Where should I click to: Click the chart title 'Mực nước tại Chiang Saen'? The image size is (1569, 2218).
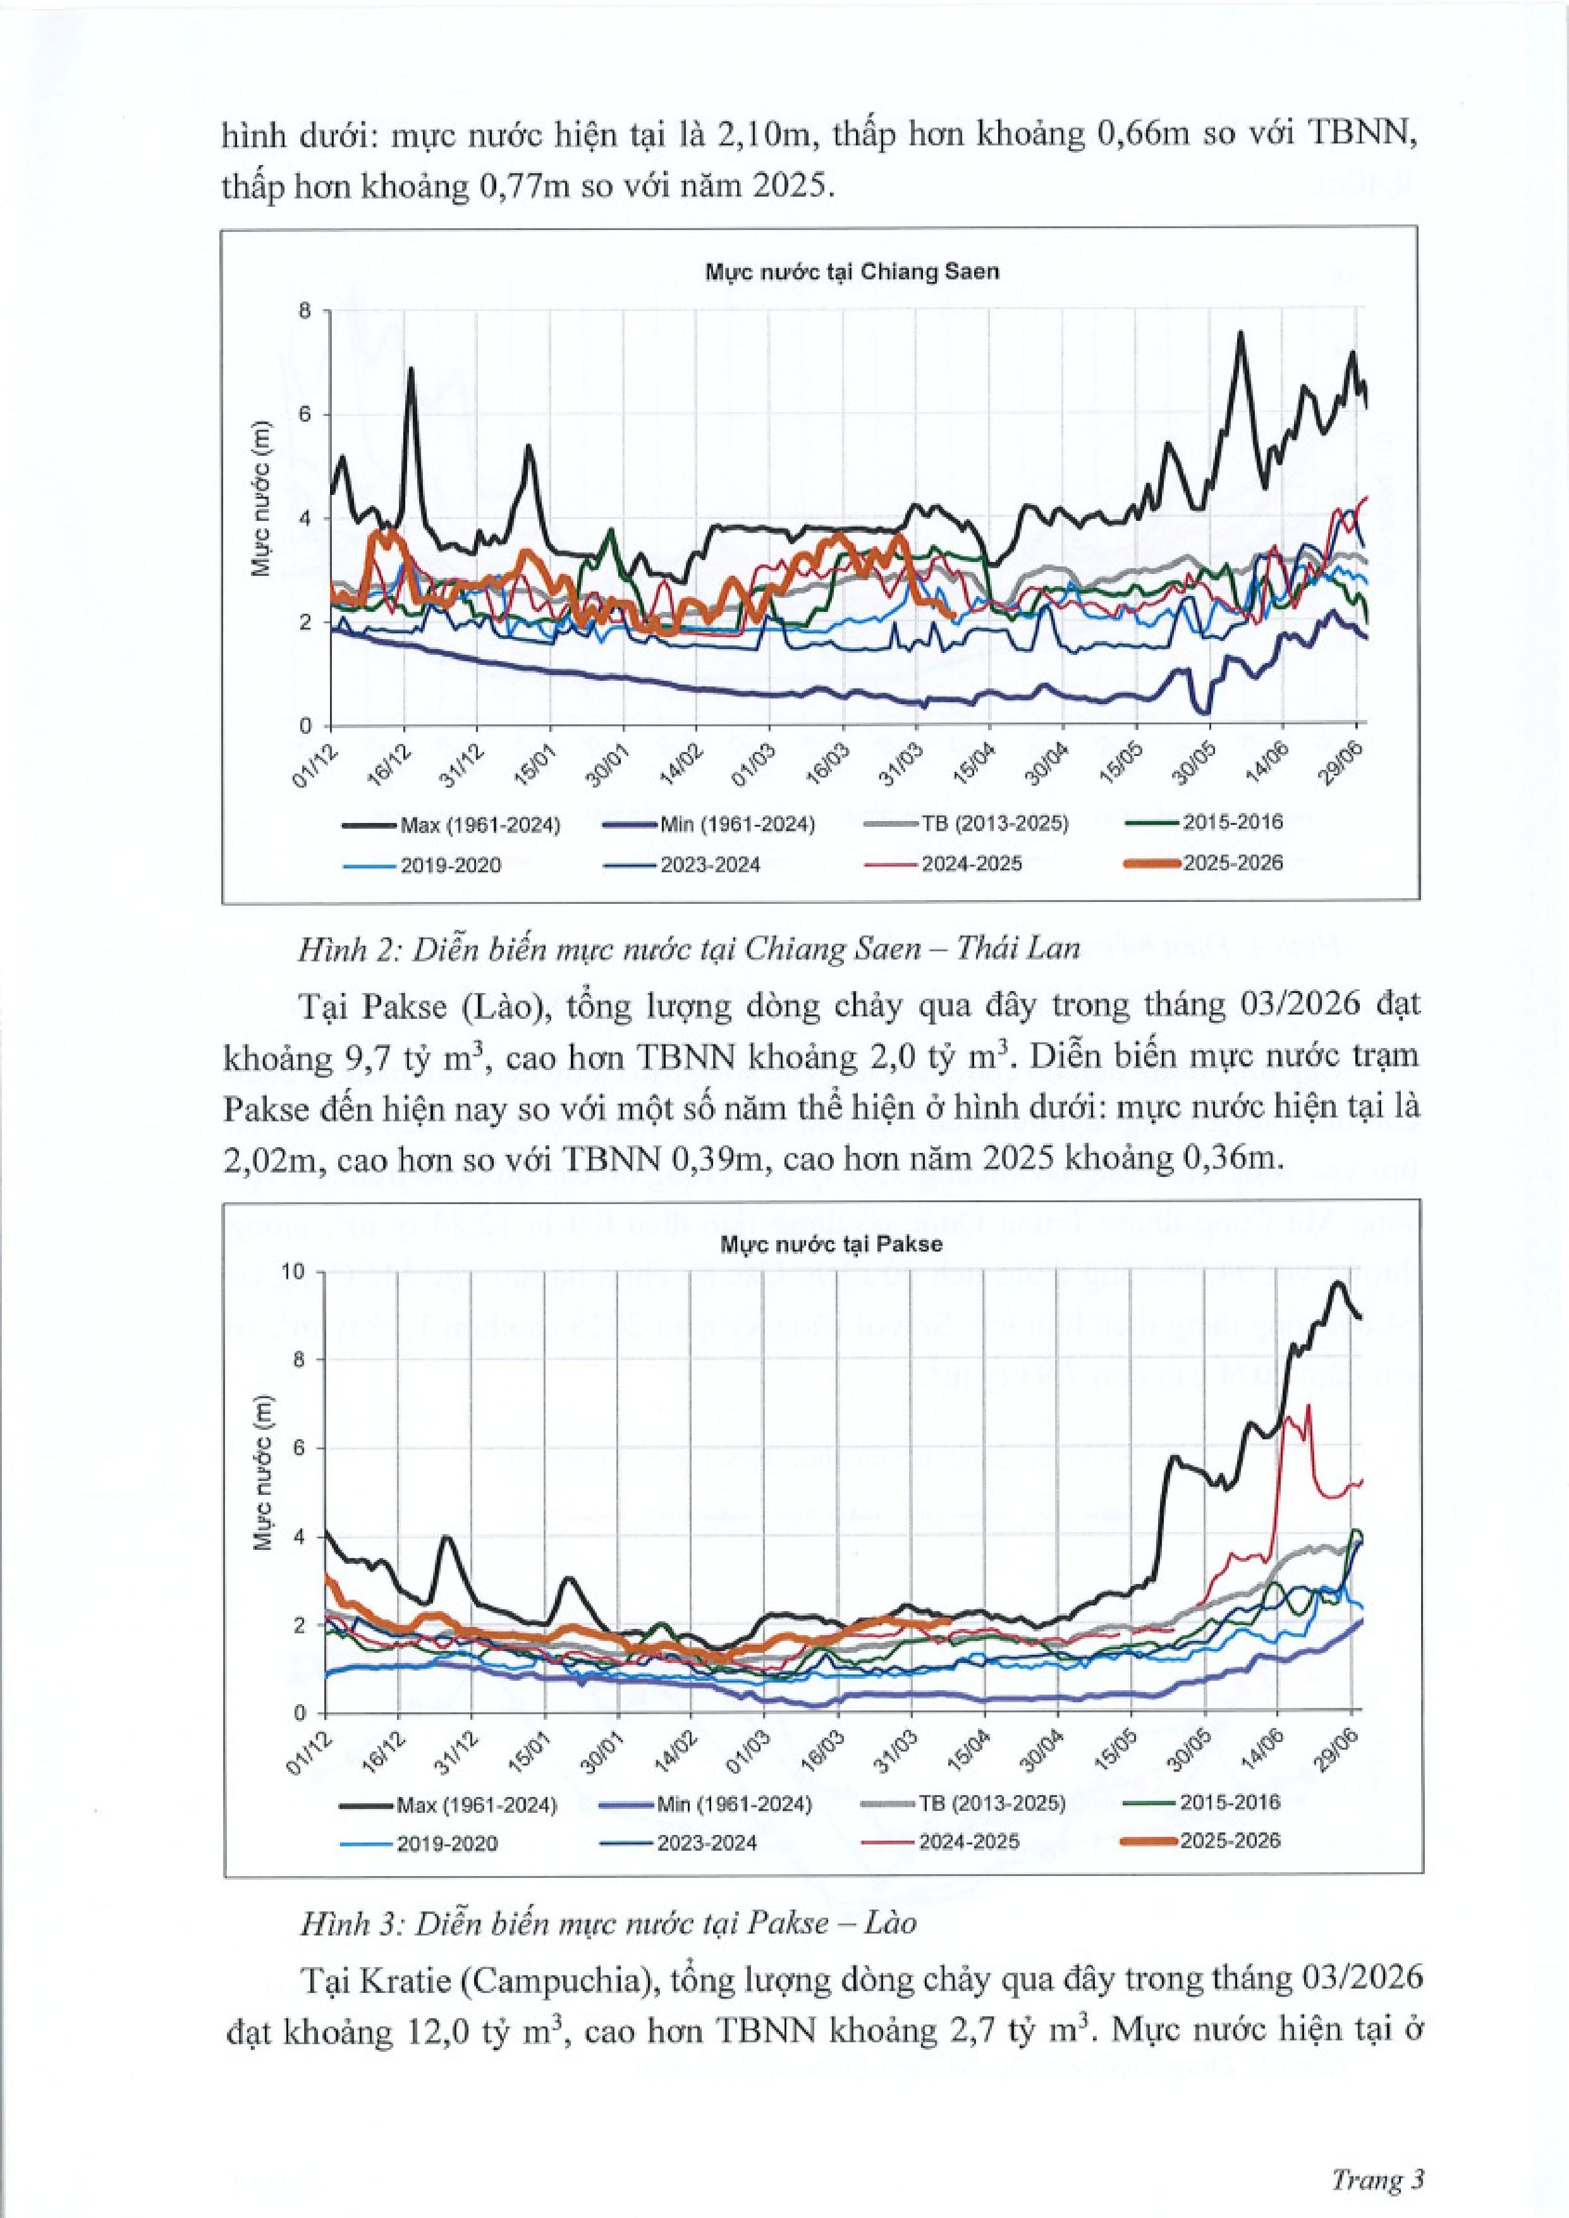click(x=851, y=271)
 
